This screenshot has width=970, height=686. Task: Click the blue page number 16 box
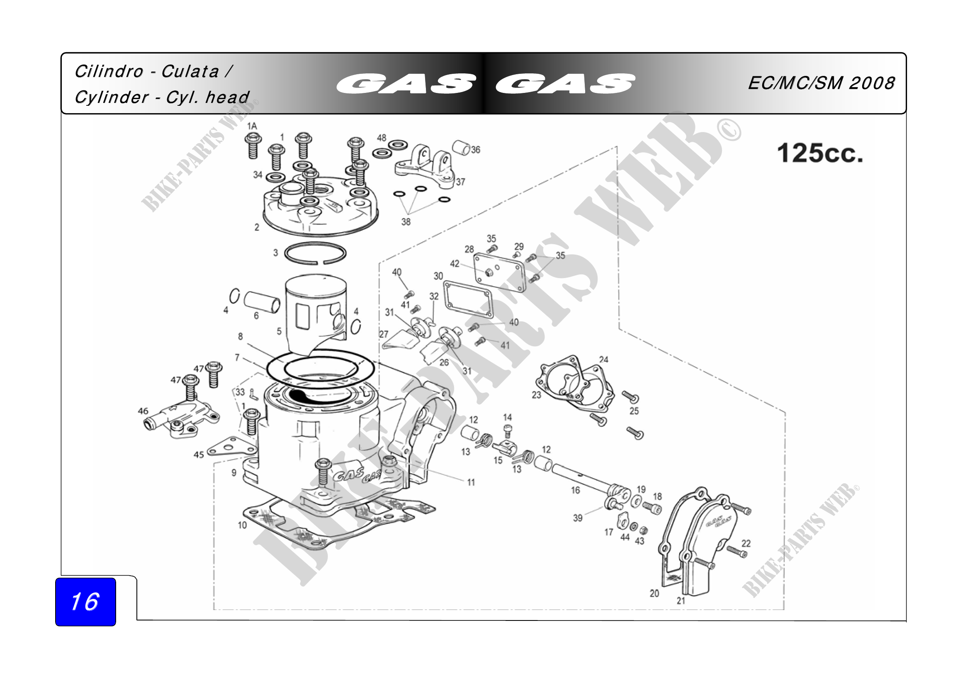pos(85,601)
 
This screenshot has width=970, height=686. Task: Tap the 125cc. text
pos(820,153)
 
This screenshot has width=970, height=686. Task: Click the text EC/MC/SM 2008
pos(821,83)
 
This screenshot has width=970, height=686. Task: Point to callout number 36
pos(476,150)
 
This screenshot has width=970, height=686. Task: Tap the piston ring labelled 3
pos(315,253)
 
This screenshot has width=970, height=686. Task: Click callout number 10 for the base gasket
pos(242,525)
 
